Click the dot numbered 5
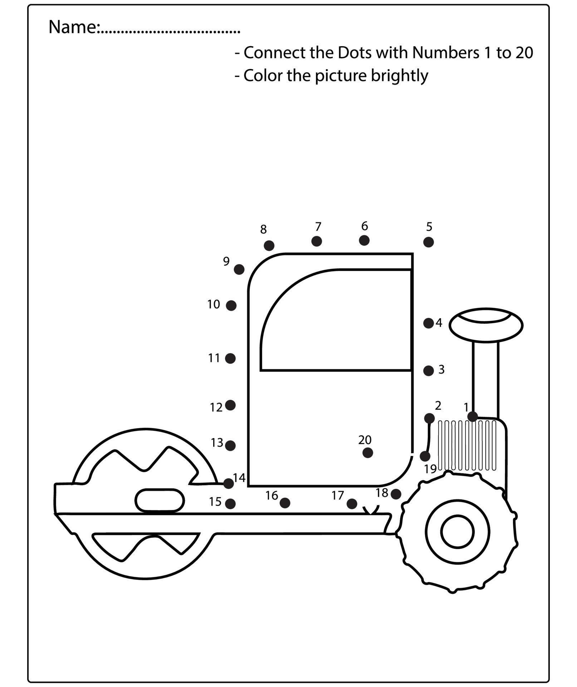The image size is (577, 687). [x=428, y=242]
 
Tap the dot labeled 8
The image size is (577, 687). [x=269, y=245]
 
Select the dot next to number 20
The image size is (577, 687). [x=367, y=453]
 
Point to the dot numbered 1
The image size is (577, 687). [x=473, y=416]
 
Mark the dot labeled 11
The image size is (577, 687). [x=230, y=358]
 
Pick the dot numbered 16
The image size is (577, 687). [x=285, y=503]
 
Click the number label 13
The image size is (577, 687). [x=217, y=443]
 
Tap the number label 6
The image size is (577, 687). [x=364, y=226]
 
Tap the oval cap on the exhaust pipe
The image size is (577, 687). [x=486, y=325]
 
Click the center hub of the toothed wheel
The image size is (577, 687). [x=458, y=532]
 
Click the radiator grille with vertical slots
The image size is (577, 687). [x=467, y=445]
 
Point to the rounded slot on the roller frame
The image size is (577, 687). [x=160, y=500]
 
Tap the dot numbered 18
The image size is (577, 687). [x=396, y=494]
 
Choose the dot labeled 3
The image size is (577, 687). [x=428, y=371]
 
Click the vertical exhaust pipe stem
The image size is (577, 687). [x=485, y=379]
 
